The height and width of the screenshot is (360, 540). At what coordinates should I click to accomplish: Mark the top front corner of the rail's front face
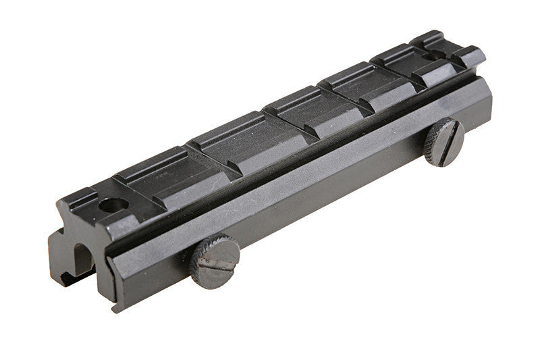[59, 203]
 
